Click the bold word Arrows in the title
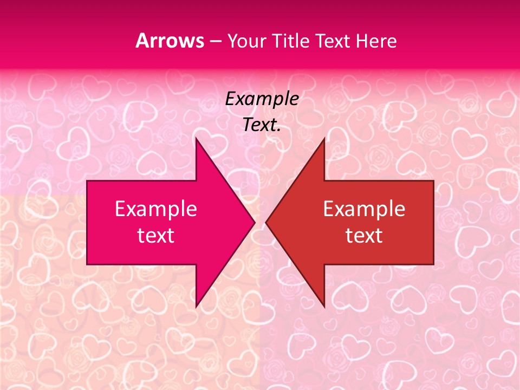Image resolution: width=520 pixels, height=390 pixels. pyautogui.click(x=170, y=41)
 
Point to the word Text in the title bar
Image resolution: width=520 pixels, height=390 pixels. pyautogui.click(x=333, y=41)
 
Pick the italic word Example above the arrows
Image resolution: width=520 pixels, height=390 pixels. pyautogui.click(x=262, y=99)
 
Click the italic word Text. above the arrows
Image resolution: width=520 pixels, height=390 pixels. pyautogui.click(x=262, y=125)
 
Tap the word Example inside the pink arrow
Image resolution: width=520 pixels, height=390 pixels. pyautogui.click(x=156, y=209)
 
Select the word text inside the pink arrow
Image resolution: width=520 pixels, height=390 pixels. pyautogui.click(x=156, y=235)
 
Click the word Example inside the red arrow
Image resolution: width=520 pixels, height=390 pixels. pyautogui.click(x=364, y=209)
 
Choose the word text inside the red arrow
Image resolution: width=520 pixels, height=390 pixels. pyautogui.click(x=364, y=235)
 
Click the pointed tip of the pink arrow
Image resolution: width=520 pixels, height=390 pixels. pyautogui.click(x=254, y=222)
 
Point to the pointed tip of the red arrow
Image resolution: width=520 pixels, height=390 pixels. pyautogui.click(x=266, y=222)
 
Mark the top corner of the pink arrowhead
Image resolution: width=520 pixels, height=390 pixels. pyautogui.click(x=196, y=139)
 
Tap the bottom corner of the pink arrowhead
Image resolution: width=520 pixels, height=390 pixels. pyautogui.click(x=196, y=306)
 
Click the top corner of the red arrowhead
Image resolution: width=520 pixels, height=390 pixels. pyautogui.click(x=324, y=139)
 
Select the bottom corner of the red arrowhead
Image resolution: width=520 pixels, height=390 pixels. pyautogui.click(x=324, y=306)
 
